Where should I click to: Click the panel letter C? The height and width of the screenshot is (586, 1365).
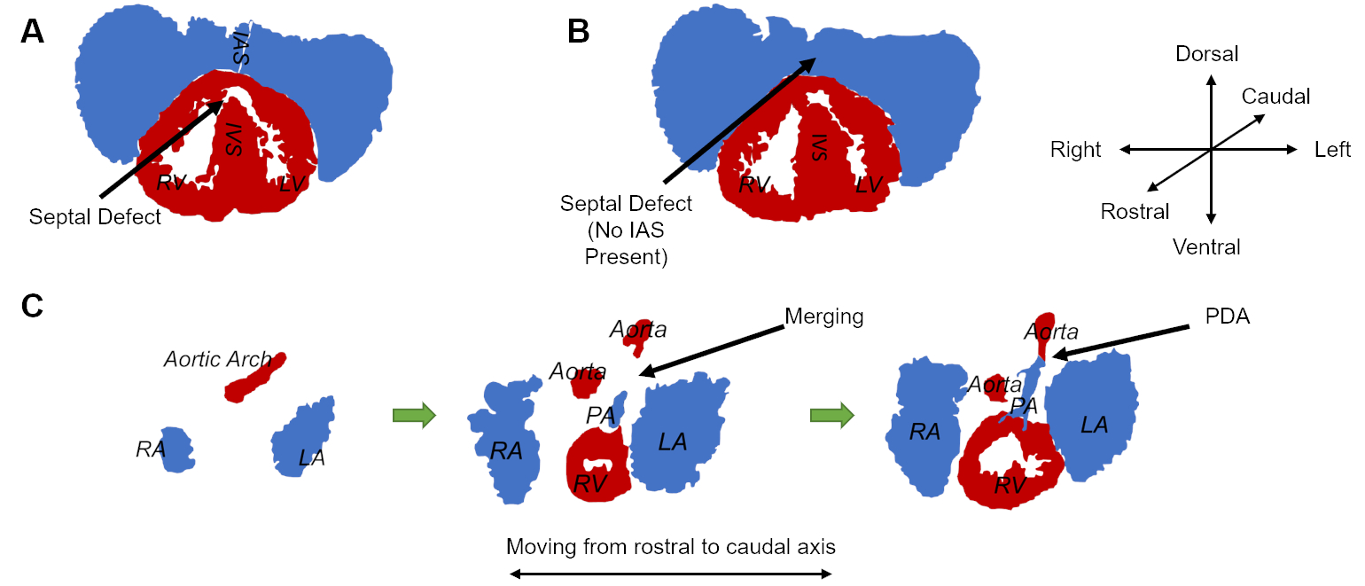(33, 306)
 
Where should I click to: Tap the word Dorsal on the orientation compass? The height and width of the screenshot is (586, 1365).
(1206, 54)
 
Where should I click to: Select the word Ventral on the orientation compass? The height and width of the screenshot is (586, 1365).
(1206, 246)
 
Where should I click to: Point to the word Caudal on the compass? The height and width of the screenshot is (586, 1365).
(1275, 96)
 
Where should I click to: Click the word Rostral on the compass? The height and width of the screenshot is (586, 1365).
(1135, 212)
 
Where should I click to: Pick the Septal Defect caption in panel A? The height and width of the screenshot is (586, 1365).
(95, 216)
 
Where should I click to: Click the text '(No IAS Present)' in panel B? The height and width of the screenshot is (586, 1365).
(626, 245)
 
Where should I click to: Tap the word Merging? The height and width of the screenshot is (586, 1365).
(824, 316)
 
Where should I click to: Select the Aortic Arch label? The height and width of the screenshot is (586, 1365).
(217, 359)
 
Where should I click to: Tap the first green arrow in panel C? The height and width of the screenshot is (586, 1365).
(414, 414)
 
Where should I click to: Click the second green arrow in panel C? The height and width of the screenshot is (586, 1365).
(832, 414)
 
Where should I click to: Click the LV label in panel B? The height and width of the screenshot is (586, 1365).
(870, 184)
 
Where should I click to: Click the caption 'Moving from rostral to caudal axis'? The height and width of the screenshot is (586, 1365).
(670, 546)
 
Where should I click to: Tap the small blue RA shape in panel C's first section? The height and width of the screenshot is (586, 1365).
(177, 450)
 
